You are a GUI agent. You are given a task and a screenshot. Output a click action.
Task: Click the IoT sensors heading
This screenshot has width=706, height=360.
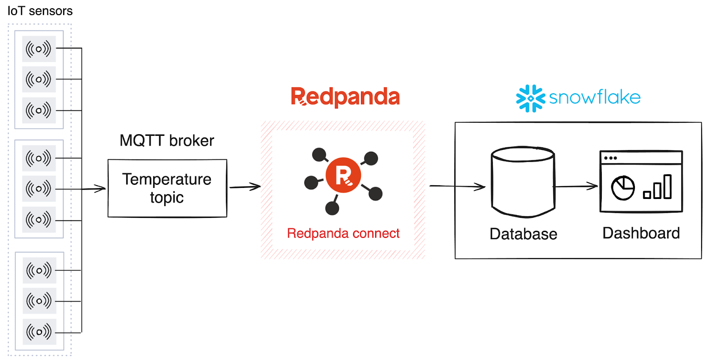click(x=40, y=11)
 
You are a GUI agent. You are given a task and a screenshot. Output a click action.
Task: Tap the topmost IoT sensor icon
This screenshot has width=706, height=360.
click(x=39, y=49)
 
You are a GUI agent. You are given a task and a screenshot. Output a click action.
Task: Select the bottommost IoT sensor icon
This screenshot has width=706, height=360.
click(x=39, y=331)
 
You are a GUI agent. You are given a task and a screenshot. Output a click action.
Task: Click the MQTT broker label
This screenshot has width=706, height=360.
click(x=167, y=141)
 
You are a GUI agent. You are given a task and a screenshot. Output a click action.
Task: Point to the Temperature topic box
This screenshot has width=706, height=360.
click(x=167, y=188)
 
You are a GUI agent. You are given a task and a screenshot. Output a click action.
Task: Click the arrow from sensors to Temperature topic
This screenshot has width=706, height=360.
click(x=94, y=189)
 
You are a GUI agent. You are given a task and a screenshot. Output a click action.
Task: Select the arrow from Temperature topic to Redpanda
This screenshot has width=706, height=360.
click(x=244, y=187)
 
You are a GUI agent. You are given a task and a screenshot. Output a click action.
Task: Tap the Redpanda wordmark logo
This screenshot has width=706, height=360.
click(x=345, y=97)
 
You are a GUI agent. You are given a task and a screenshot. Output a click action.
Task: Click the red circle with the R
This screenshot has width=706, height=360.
click(x=343, y=175)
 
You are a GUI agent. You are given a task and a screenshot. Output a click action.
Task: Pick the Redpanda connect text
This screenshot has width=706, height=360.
click(x=343, y=233)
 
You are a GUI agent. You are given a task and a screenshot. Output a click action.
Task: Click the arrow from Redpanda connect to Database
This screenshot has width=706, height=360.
click(x=457, y=187)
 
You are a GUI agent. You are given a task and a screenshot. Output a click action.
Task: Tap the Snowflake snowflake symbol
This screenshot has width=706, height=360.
click(x=530, y=98)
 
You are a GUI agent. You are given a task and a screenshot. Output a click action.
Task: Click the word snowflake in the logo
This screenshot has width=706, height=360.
click(x=594, y=97)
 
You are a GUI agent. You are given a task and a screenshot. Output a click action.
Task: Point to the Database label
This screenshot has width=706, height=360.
click(x=523, y=234)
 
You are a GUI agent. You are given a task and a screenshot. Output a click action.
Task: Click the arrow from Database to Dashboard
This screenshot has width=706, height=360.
click(x=576, y=187)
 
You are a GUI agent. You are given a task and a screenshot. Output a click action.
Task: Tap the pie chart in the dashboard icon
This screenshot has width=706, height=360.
click(x=623, y=188)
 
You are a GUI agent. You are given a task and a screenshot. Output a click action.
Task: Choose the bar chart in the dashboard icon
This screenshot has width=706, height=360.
click(x=658, y=187)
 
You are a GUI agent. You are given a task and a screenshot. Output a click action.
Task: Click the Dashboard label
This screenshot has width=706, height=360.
click(x=641, y=233)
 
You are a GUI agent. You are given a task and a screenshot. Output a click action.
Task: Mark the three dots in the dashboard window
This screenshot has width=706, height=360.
click(x=611, y=158)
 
